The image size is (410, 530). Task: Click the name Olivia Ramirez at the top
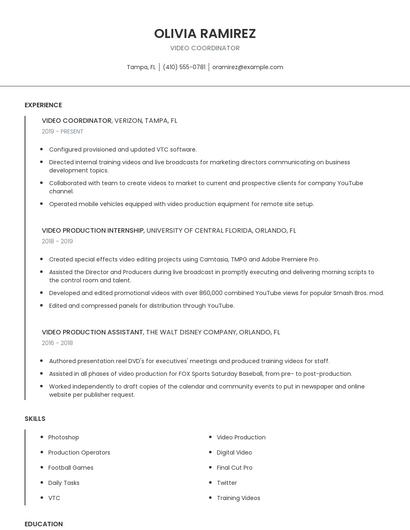click(205, 33)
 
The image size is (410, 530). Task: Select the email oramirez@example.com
click(247, 67)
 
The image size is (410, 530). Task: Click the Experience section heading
click(43, 105)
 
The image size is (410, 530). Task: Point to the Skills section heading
click(35, 418)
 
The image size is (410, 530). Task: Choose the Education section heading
click(44, 523)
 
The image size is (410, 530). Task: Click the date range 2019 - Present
click(63, 131)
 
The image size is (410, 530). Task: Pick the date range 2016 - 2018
click(57, 342)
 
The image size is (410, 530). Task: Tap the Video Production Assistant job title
click(92, 331)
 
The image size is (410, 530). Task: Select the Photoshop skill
click(63, 437)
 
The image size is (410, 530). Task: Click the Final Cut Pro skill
click(235, 467)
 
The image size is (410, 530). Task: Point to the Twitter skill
click(227, 482)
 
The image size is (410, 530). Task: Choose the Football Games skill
click(70, 467)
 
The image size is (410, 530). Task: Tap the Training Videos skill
click(238, 497)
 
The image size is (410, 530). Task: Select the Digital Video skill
click(234, 452)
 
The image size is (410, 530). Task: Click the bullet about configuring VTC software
click(123, 149)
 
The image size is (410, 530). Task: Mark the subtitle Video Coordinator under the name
click(205, 48)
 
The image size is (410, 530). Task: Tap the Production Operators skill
click(78, 452)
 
